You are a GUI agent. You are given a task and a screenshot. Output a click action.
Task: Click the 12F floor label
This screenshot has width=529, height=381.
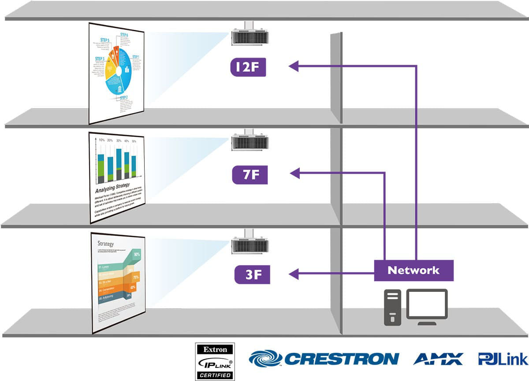(x=248, y=67)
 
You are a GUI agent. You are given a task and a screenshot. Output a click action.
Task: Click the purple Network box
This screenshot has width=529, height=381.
(x=414, y=270)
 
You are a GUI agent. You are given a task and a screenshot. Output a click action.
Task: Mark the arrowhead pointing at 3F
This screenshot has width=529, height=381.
(x=294, y=275)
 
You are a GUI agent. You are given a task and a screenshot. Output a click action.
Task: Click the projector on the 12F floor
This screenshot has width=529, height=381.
(x=250, y=37)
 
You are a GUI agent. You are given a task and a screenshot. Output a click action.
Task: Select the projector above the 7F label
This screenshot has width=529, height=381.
(x=250, y=142)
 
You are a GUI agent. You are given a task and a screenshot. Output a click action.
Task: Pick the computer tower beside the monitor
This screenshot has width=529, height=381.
(x=392, y=307)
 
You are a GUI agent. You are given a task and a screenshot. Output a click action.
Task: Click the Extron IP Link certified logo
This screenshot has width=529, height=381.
(x=215, y=362)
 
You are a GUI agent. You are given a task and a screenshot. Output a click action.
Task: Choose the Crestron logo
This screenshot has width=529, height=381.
(x=324, y=359)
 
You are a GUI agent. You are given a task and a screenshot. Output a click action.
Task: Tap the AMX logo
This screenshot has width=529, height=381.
(x=438, y=359)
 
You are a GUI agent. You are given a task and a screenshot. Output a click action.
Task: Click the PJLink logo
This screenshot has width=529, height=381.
(x=503, y=359)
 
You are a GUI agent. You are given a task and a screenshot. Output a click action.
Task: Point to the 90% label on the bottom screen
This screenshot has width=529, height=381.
(x=137, y=254)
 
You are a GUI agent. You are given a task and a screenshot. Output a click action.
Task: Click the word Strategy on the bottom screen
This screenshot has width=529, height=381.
(x=106, y=244)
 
